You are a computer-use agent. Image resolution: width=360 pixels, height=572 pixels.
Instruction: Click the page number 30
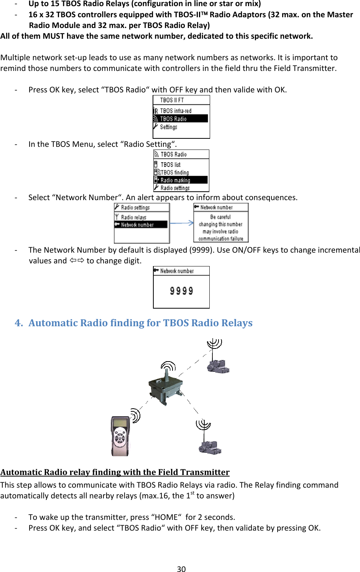tap(181, 569)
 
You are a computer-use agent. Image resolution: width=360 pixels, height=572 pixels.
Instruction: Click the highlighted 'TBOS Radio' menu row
tap(181, 119)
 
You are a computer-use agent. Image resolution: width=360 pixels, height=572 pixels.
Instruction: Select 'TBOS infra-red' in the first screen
tap(176, 111)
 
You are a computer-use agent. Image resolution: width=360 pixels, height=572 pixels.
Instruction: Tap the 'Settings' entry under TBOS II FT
tap(169, 127)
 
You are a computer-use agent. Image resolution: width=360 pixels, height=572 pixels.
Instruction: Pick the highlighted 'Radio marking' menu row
tap(181, 180)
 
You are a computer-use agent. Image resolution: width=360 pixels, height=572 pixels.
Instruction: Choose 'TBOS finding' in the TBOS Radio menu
tap(175, 173)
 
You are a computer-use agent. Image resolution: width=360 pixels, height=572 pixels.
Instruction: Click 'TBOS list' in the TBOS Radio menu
tap(171, 164)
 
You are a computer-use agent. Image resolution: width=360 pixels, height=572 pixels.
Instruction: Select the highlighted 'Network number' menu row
tap(141, 225)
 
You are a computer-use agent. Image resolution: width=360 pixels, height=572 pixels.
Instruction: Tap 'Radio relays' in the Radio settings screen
tap(134, 217)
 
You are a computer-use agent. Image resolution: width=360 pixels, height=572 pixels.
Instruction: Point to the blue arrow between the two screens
tap(182, 223)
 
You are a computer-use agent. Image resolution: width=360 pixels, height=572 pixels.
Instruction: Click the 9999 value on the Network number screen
tap(181, 291)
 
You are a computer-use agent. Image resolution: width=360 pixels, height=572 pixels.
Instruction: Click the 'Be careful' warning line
tap(220, 217)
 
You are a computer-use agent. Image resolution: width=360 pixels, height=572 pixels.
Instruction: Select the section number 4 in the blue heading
tap(18, 323)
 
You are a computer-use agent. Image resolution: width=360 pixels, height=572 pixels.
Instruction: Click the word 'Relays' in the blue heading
tap(237, 323)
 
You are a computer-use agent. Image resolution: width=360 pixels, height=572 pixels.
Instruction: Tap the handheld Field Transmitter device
tap(120, 436)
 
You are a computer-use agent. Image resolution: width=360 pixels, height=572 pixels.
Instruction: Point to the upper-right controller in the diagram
tap(218, 366)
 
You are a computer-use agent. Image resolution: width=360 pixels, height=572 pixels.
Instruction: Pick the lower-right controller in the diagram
tap(210, 447)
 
